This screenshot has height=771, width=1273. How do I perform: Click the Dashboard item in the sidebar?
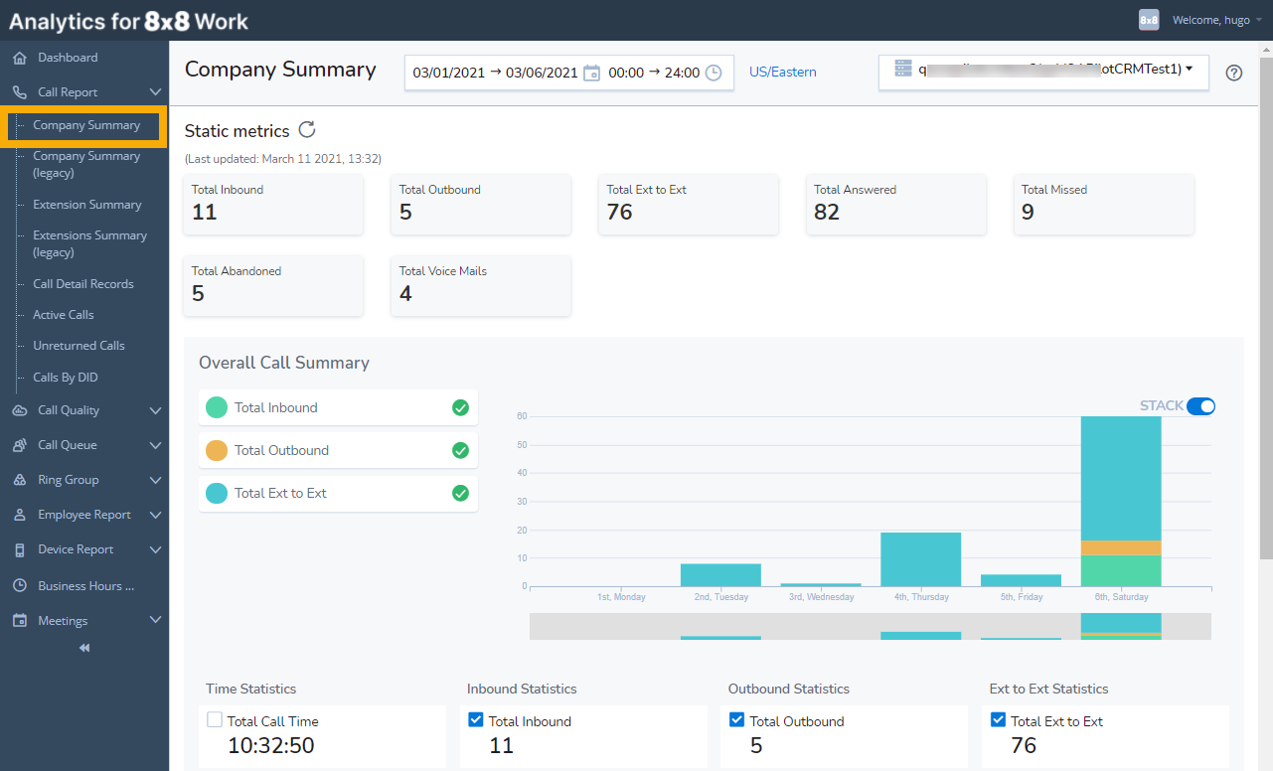[68, 58]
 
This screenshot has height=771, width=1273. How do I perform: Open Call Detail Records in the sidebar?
[83, 284]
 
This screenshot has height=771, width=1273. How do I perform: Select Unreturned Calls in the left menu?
[79, 346]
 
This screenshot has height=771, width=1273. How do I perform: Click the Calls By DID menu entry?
[66, 378]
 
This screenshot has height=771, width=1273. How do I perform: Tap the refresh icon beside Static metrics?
[307, 129]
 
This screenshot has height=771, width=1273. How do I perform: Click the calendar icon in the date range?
[591, 73]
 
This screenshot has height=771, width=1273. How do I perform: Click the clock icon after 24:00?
[714, 73]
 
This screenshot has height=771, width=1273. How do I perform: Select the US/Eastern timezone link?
[783, 73]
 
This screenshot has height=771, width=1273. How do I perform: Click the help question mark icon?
[1234, 73]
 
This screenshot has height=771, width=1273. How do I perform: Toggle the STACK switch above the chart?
[1200, 405]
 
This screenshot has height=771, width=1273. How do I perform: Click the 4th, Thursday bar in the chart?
[920, 559]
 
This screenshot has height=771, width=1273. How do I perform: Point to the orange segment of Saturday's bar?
[1120, 547]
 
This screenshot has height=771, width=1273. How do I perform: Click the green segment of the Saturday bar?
[1120, 570]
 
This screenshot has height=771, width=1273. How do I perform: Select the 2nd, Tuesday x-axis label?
[721, 597]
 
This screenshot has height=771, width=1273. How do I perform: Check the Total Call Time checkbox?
[215, 720]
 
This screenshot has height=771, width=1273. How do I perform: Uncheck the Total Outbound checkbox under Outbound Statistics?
[737, 720]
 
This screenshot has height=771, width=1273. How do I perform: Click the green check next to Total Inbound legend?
[460, 407]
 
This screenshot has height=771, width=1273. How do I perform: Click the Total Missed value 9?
[1029, 212]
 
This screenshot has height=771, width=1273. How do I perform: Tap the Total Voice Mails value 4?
[405, 293]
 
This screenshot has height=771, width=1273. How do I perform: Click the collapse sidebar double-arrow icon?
[84, 648]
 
